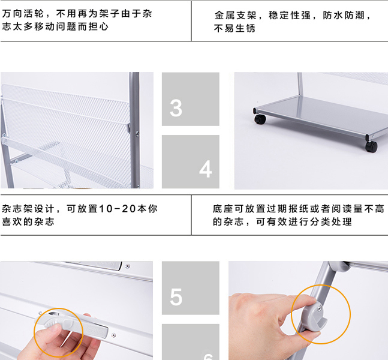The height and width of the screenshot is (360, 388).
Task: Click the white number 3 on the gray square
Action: pyautogui.click(x=176, y=108)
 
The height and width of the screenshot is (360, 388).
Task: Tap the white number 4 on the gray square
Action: pyautogui.click(x=205, y=169)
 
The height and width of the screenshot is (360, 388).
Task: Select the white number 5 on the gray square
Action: pyautogui.click(x=176, y=296)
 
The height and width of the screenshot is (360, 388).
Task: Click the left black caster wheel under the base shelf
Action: pyautogui.click(x=260, y=119)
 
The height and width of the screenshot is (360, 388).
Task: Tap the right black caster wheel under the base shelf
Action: pyautogui.click(x=371, y=146)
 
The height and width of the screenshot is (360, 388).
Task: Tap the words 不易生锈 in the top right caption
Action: pyautogui.click(x=234, y=28)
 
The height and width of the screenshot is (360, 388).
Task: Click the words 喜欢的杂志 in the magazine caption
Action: pyautogui.click(x=28, y=221)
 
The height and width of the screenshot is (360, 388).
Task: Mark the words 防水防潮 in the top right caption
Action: pyautogui.click(x=344, y=16)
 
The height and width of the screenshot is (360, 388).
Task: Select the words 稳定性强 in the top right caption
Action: pyautogui.click(x=290, y=16)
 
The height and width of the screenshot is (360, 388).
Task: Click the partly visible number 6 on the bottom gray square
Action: pyautogui.click(x=208, y=356)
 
